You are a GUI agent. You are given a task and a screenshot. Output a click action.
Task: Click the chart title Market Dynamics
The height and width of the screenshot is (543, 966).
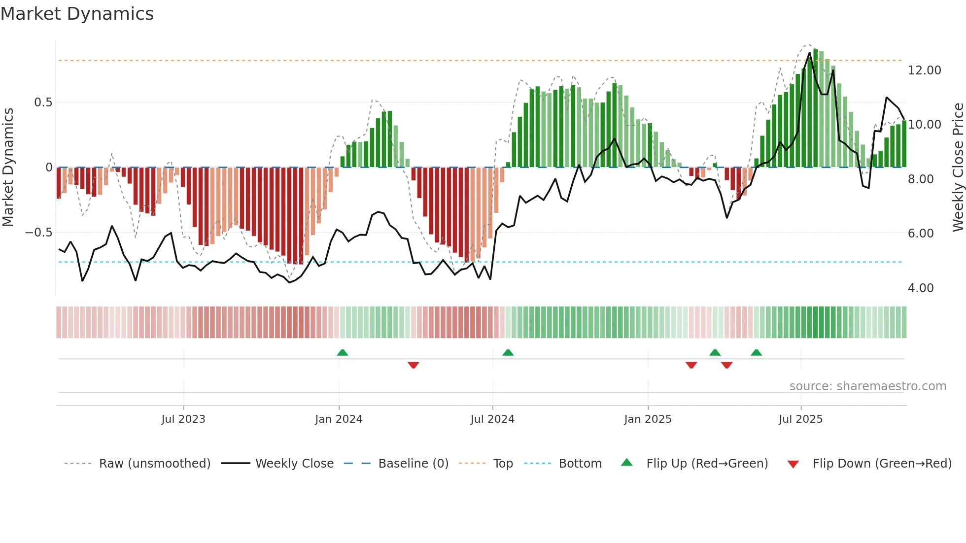coord(77,14)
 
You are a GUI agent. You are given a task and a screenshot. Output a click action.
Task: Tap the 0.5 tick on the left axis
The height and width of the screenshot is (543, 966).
coord(43,102)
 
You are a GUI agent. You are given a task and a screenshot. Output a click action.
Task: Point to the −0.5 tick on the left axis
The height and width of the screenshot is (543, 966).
coord(39,233)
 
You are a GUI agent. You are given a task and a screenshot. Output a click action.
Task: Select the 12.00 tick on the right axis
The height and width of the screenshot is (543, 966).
coord(924,70)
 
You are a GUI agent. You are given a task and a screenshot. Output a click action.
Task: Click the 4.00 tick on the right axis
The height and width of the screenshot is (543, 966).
coord(920,288)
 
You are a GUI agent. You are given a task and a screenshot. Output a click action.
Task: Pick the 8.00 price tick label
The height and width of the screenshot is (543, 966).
coord(920,179)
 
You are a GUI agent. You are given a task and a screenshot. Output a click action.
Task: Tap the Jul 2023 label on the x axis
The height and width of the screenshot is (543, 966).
coord(183,419)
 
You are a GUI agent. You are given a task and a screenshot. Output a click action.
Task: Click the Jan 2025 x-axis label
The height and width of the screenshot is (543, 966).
coord(648,419)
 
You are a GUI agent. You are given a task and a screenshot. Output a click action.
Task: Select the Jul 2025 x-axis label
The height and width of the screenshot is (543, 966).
coord(800,419)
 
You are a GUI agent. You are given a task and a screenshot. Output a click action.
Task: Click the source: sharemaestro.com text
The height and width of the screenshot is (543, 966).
coord(867,386)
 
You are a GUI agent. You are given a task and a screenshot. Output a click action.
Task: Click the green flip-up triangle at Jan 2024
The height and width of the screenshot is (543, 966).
coord(343,352)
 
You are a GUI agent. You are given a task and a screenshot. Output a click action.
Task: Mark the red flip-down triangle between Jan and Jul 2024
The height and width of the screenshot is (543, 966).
coord(414,365)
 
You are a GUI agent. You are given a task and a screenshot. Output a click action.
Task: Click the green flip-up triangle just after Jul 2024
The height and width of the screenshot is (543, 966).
coord(508,352)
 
